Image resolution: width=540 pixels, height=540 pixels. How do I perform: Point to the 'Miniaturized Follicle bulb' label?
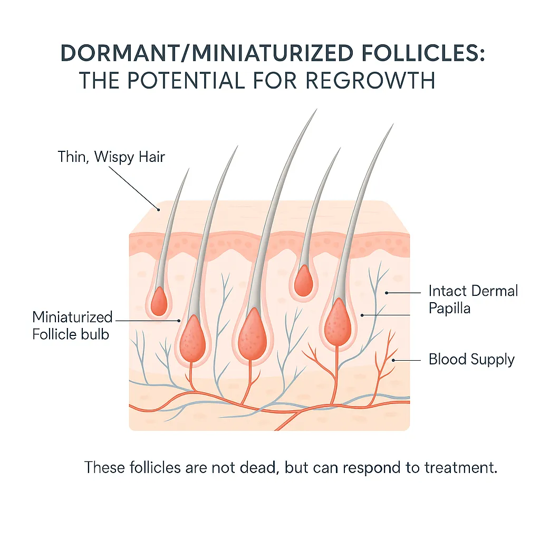[x=73, y=325]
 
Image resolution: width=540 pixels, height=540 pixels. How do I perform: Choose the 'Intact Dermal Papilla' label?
[x=473, y=299]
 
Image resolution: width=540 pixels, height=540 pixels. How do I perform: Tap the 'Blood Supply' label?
[x=471, y=360]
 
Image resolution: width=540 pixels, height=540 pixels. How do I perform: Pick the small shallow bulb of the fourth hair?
[x=303, y=281]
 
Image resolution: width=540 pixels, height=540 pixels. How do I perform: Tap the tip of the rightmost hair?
[x=393, y=124]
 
